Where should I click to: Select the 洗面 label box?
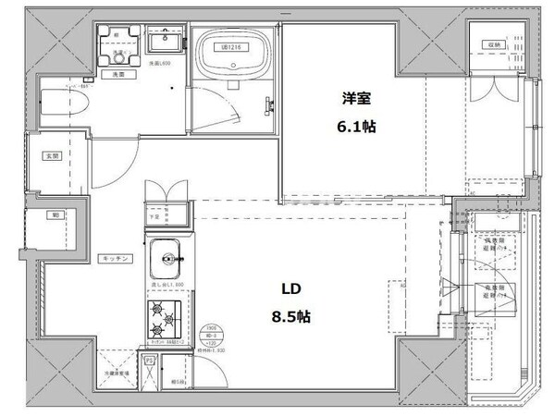[x=118, y=72]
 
